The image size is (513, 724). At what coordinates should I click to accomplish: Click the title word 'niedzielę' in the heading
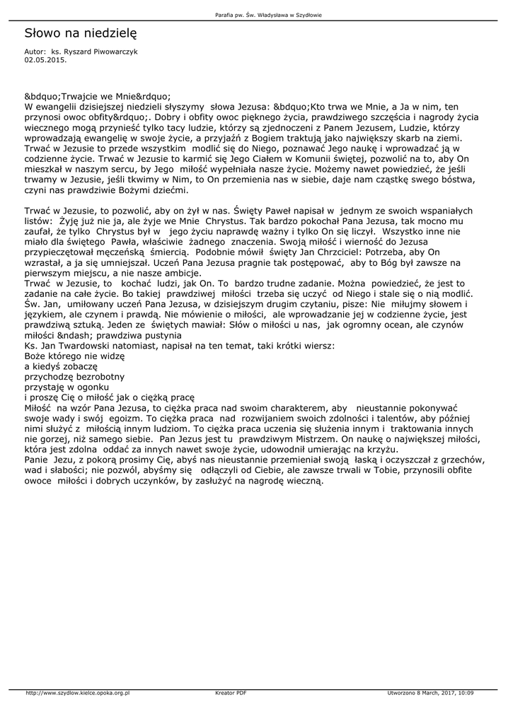109,33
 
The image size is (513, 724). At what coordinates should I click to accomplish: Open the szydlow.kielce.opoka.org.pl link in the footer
78,693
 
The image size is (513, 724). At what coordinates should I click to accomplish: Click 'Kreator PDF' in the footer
231,693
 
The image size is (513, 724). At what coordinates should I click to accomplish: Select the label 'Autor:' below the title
35,52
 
